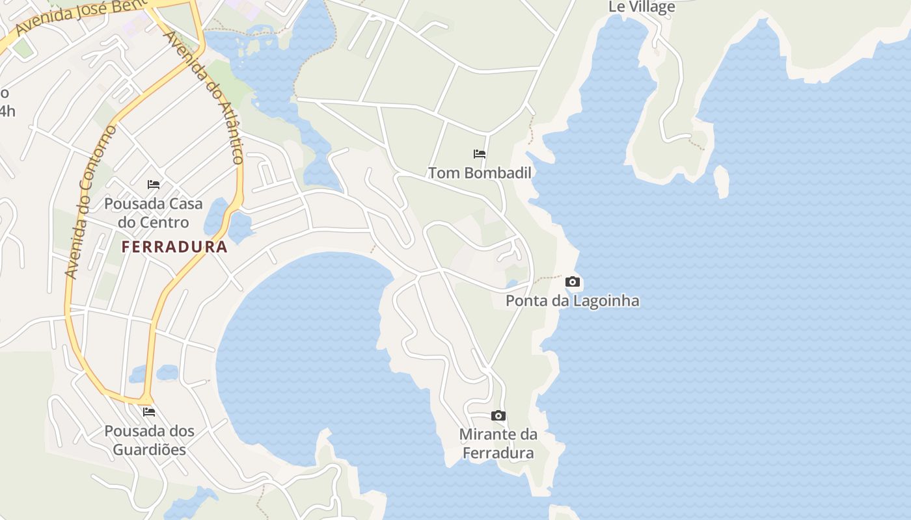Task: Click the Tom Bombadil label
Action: [480, 173]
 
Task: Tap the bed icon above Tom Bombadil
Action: [480, 154]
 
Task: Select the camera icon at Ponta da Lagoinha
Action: [573, 281]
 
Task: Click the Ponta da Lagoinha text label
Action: [572, 301]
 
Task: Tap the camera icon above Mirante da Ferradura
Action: [498, 415]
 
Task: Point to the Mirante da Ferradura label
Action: [498, 443]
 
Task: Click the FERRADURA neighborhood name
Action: [174, 247]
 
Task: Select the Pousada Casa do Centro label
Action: [154, 213]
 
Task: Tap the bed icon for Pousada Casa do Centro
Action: [154, 185]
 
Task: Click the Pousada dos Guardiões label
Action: [150, 440]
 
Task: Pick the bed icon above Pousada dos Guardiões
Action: [149, 411]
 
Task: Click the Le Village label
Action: [642, 7]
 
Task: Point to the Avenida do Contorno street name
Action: [91, 201]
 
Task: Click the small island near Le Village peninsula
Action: [721, 181]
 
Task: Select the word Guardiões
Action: [150, 450]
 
